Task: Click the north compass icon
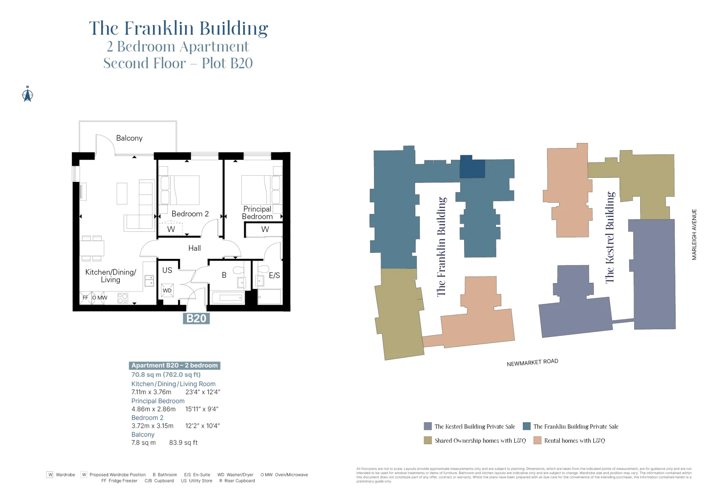[x=27, y=94]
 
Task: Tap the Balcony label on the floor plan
[x=129, y=138]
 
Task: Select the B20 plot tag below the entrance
[x=196, y=318]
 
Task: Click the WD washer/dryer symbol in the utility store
[x=167, y=290]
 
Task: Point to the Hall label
[x=194, y=248]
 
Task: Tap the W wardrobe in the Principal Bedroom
[x=265, y=229]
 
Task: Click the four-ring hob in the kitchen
[x=123, y=298]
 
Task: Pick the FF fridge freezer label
[x=85, y=298]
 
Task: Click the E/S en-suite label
[x=274, y=275]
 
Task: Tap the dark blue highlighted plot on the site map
[x=472, y=167]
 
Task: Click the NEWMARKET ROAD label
[x=532, y=363]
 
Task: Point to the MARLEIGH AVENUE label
[x=694, y=234]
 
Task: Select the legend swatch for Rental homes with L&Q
[x=537, y=441]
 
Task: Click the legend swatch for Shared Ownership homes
[x=428, y=441]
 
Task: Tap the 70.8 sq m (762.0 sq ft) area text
[x=166, y=375]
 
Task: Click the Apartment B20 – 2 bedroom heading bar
[x=174, y=365]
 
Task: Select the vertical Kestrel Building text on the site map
[x=610, y=238]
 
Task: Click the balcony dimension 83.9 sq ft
[x=183, y=443]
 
